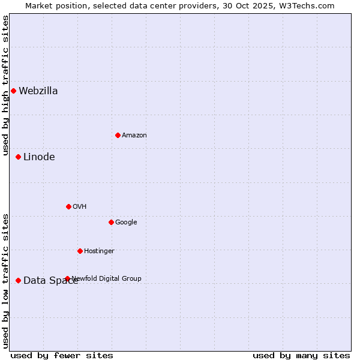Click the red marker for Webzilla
tap(13, 91)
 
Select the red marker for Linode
tap(18, 157)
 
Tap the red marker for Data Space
tap(18, 280)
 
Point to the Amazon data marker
tap(118, 136)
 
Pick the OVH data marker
tap(68, 207)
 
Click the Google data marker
tap(111, 223)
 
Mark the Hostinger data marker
tap(80, 251)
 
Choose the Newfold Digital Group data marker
tap(67, 278)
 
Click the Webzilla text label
tap(38, 91)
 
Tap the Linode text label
tap(39, 157)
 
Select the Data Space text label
tap(50, 280)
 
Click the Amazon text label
tap(134, 136)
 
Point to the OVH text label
tap(80, 207)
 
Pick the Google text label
tap(126, 223)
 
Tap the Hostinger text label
tap(99, 251)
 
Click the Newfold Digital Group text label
tap(107, 278)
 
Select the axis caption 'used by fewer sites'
tap(62, 355)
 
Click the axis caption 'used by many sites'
tap(301, 355)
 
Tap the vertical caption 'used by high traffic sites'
tap(5, 85)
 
